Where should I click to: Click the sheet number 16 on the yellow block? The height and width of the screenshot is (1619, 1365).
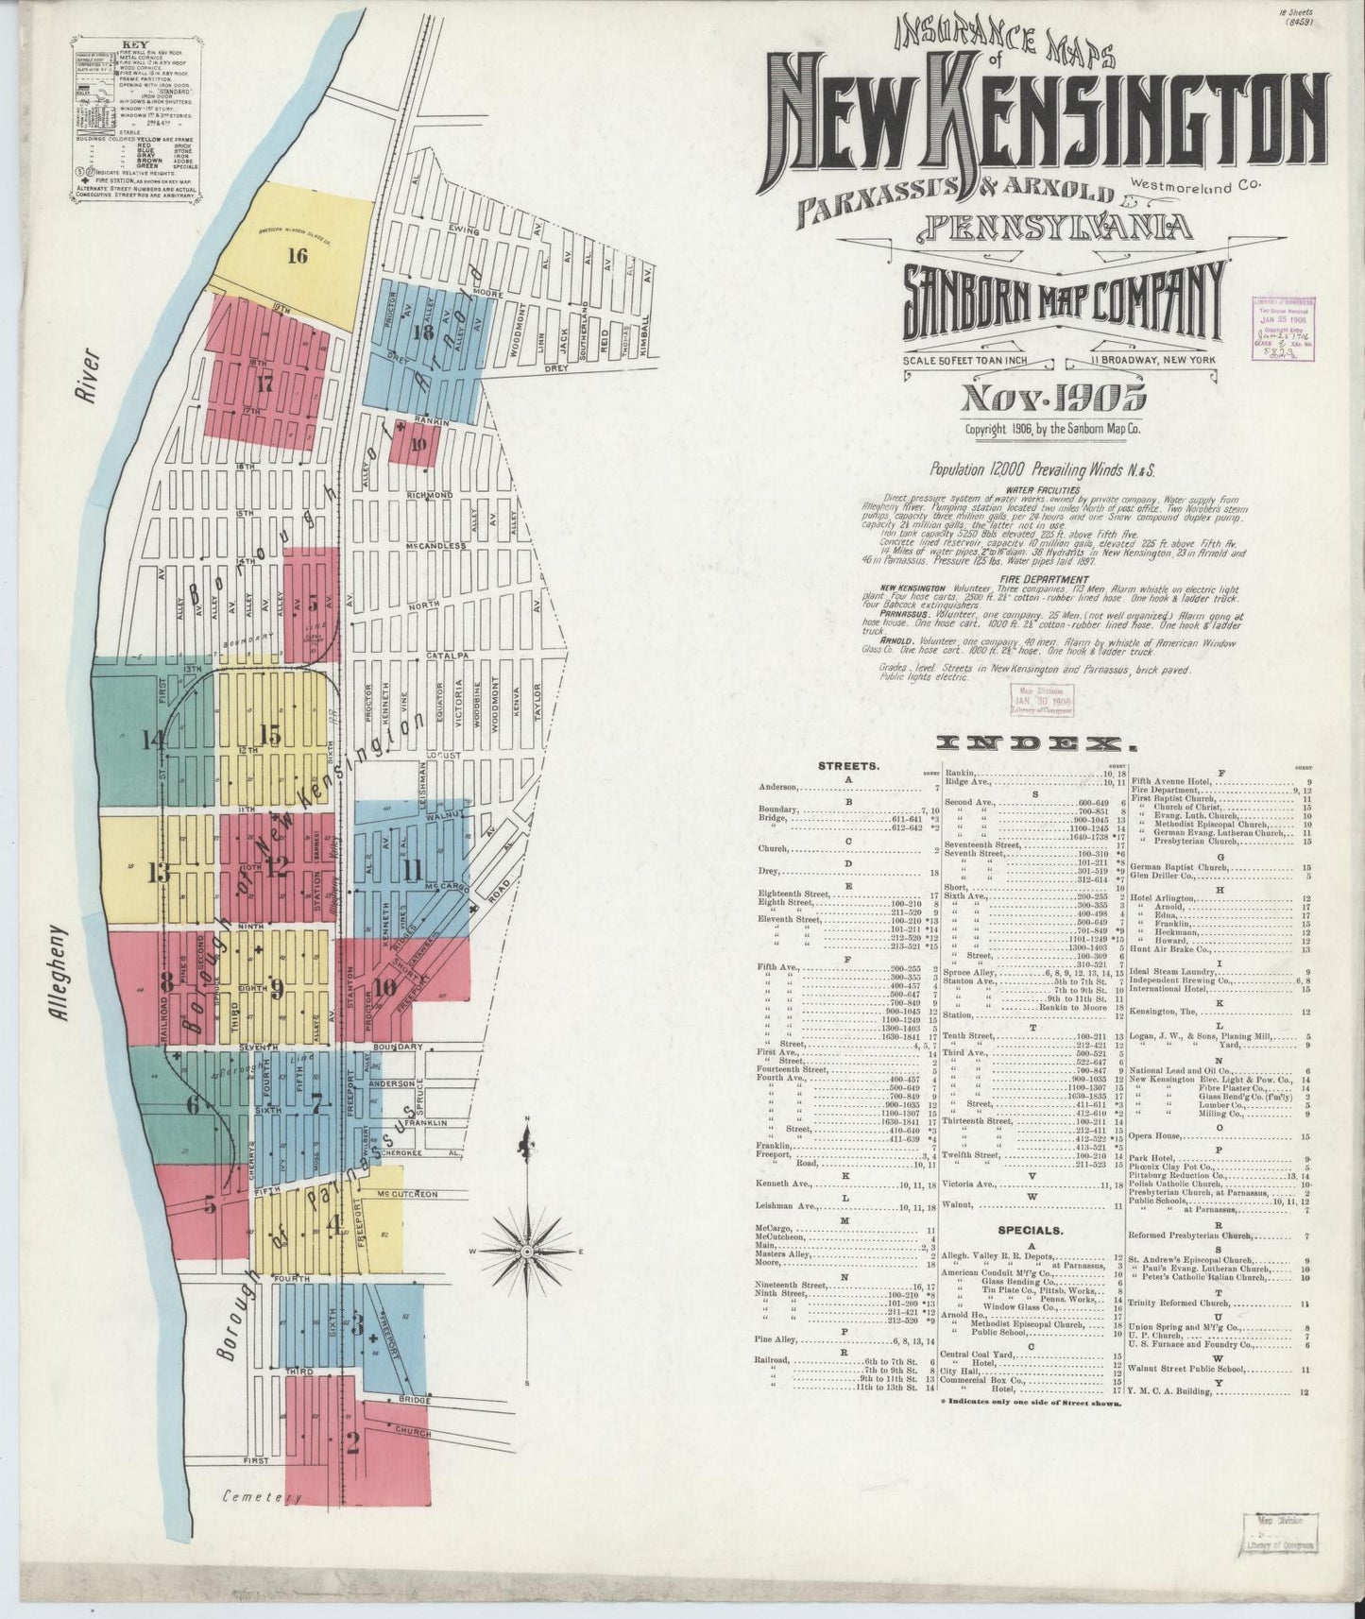point(298,255)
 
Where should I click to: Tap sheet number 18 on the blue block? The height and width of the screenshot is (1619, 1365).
point(422,332)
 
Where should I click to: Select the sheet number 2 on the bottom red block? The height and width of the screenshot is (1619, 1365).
point(353,1442)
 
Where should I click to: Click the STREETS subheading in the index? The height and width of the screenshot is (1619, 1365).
point(849,767)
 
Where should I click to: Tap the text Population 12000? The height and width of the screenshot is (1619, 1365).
point(982,469)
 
